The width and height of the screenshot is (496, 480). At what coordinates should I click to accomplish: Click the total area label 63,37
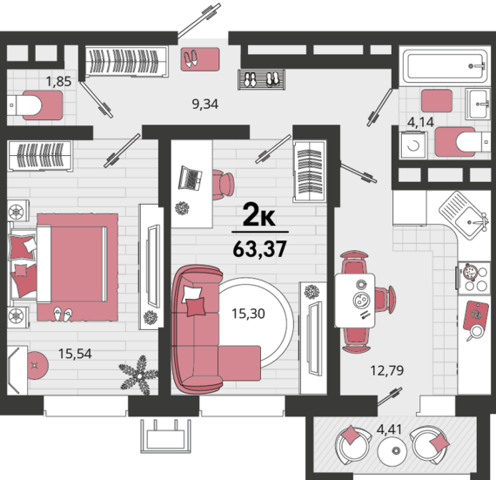click(259, 249)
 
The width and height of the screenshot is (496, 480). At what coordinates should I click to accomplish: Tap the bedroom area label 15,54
click(75, 354)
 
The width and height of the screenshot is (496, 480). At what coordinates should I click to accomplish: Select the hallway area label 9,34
click(205, 104)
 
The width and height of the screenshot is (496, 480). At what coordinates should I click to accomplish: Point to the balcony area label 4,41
click(389, 429)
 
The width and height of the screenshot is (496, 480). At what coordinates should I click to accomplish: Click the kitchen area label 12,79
click(387, 370)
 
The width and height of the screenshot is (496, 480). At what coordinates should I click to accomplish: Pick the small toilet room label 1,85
click(58, 81)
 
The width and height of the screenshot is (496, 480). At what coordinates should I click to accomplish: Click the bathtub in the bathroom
click(445, 66)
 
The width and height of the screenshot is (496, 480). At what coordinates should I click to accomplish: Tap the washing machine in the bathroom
click(413, 145)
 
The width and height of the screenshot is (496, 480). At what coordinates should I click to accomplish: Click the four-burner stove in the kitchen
click(473, 277)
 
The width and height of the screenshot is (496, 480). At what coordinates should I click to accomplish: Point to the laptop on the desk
click(191, 179)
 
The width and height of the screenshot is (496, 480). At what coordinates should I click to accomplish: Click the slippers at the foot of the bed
click(63, 314)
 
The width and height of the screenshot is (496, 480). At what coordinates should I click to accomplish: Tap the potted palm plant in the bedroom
click(138, 375)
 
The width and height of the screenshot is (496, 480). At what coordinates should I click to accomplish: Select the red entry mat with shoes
click(200, 59)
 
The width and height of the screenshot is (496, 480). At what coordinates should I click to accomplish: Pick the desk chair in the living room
click(223, 185)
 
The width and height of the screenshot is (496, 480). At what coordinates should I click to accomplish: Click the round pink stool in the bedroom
click(37, 365)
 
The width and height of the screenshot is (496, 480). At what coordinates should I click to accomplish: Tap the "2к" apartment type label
click(259, 216)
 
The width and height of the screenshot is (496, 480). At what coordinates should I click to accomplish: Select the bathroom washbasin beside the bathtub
click(478, 104)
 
